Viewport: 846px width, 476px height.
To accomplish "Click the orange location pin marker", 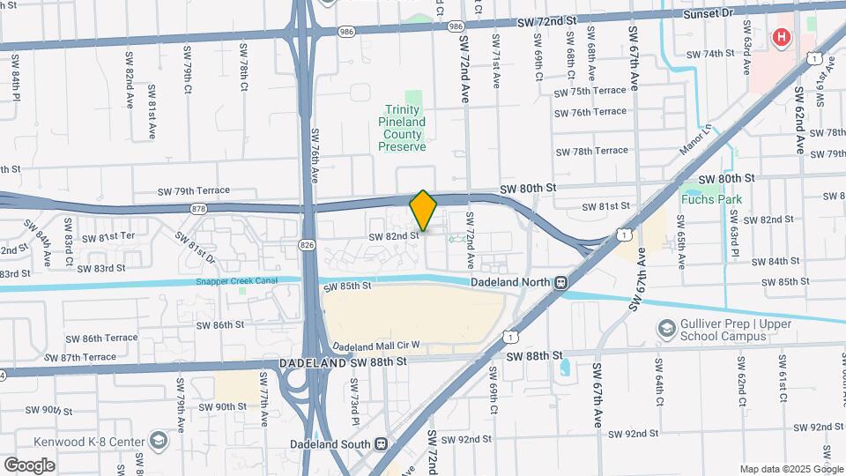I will point(423,211).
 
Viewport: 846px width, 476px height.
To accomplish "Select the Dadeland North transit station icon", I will point(560,282).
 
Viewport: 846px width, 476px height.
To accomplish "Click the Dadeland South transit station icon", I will point(381,443).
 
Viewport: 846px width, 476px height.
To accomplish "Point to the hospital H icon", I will point(781,38).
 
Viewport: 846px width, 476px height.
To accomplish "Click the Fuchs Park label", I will point(711,199).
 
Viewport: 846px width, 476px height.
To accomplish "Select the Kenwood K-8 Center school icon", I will point(158,440).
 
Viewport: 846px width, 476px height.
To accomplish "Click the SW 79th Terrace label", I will point(194,190).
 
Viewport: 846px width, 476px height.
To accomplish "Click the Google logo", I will point(29,465).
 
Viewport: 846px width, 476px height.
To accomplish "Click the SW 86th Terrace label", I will point(102,338).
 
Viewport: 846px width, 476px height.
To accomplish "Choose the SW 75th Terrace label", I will point(590,91).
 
